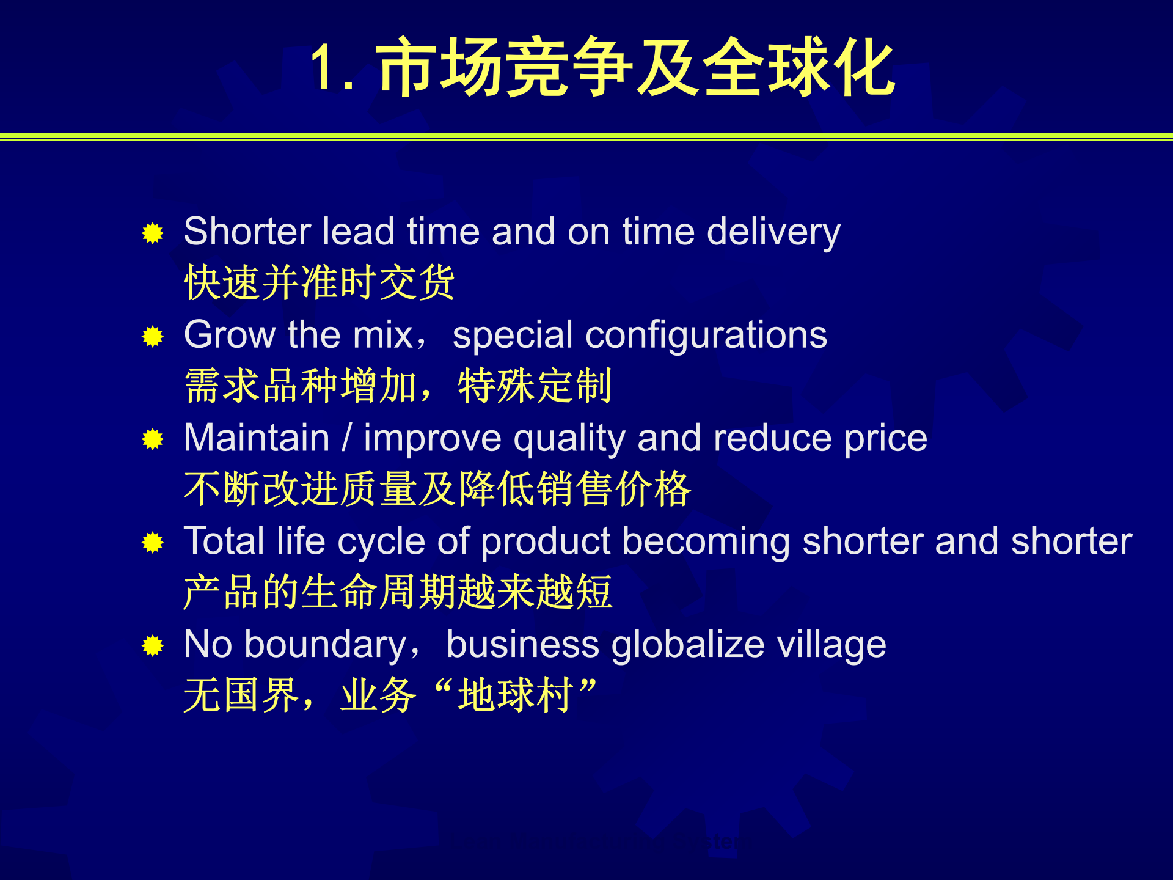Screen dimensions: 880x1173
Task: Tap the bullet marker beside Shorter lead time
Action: [x=153, y=233]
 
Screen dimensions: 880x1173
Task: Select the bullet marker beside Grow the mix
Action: [x=153, y=336]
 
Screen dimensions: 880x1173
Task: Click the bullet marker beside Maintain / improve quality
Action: [x=153, y=439]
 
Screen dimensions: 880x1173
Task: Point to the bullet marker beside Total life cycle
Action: [x=153, y=542]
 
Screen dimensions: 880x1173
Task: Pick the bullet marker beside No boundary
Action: [x=153, y=645]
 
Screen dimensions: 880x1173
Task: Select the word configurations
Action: [x=706, y=336]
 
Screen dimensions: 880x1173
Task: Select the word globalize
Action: [x=687, y=645]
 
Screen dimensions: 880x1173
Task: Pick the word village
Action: [x=831, y=645]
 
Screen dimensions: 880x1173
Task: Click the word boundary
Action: [x=325, y=645]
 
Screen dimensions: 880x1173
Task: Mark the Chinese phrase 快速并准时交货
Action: [x=319, y=283]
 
